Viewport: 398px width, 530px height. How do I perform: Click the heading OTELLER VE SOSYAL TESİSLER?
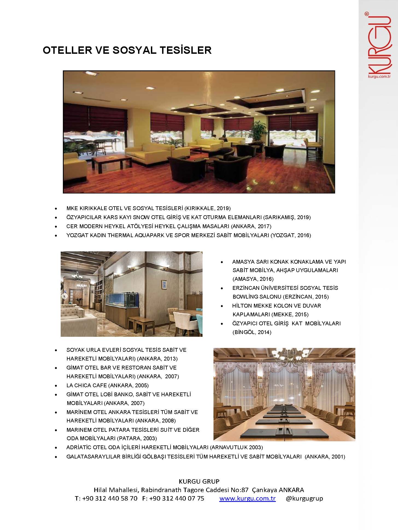127,50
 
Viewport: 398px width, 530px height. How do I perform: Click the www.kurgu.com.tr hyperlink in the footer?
247,498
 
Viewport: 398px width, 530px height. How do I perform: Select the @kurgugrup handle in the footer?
304,498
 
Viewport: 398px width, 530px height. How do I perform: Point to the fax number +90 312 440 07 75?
177,498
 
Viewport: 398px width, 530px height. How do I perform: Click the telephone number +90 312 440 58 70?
110,498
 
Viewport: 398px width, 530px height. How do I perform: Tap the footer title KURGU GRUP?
199,481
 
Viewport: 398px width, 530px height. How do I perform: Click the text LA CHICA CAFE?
87,385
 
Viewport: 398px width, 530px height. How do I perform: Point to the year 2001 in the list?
338,457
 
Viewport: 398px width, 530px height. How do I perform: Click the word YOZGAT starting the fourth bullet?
77,235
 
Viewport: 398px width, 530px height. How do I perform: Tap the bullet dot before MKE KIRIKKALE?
56,209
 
